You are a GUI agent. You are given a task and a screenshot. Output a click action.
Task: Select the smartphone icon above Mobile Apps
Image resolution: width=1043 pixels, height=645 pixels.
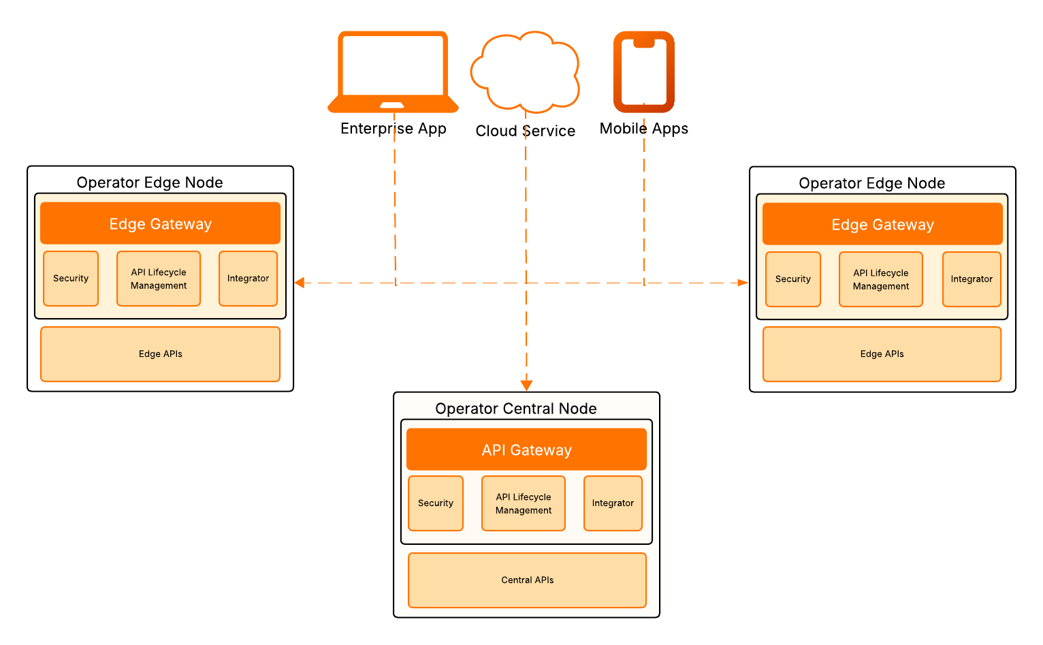click(x=643, y=72)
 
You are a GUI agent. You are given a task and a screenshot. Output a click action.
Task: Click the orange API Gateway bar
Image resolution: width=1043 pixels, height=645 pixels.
click(x=526, y=450)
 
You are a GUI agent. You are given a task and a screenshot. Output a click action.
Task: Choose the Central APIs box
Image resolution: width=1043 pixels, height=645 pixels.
click(x=527, y=580)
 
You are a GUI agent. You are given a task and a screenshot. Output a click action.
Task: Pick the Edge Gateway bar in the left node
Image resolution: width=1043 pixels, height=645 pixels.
click(x=160, y=223)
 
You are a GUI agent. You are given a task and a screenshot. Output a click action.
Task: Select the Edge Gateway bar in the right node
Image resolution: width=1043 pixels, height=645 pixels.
click(x=882, y=224)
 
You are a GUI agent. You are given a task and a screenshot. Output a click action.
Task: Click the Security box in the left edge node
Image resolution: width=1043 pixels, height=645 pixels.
click(x=71, y=279)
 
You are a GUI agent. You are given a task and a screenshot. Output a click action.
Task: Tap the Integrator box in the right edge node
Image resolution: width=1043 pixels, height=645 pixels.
click(x=972, y=279)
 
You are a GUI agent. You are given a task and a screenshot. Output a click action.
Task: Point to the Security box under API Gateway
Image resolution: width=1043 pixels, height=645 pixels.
click(x=436, y=503)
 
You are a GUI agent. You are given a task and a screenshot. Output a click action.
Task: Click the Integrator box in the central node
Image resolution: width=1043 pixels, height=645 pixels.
click(x=613, y=503)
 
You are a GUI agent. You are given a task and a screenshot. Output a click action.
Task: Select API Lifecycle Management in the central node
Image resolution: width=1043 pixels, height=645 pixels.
click(x=524, y=503)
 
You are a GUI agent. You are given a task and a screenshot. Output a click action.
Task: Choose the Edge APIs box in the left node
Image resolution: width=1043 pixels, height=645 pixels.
click(x=160, y=354)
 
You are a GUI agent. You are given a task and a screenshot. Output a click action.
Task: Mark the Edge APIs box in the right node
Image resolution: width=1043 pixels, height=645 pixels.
click(x=882, y=354)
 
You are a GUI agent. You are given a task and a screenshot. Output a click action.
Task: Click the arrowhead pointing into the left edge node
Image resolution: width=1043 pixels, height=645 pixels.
click(x=300, y=283)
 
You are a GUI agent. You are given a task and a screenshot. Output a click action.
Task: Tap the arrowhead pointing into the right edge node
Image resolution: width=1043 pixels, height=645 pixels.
click(x=743, y=283)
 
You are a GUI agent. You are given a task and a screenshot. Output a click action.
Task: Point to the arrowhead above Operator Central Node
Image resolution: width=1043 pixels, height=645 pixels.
click(x=526, y=386)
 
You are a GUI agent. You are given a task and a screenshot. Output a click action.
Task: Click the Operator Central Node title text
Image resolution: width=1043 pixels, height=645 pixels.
click(x=515, y=409)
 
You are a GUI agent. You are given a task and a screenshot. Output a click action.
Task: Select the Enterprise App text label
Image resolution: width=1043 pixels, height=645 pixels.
click(x=394, y=129)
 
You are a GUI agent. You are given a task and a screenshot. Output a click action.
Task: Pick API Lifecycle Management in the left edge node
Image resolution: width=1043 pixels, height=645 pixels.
click(x=159, y=279)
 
